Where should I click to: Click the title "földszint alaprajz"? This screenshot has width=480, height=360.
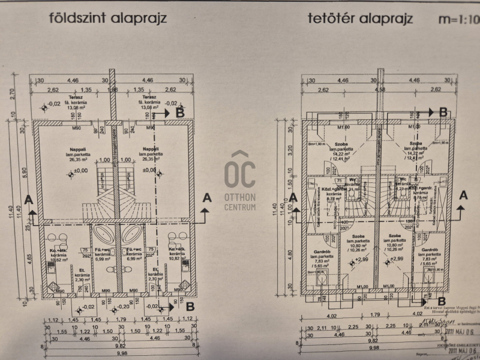[x=107, y=18]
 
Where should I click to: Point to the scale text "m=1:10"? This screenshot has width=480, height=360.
[x=460, y=19]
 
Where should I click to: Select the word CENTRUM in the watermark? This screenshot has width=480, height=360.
[x=239, y=207]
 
